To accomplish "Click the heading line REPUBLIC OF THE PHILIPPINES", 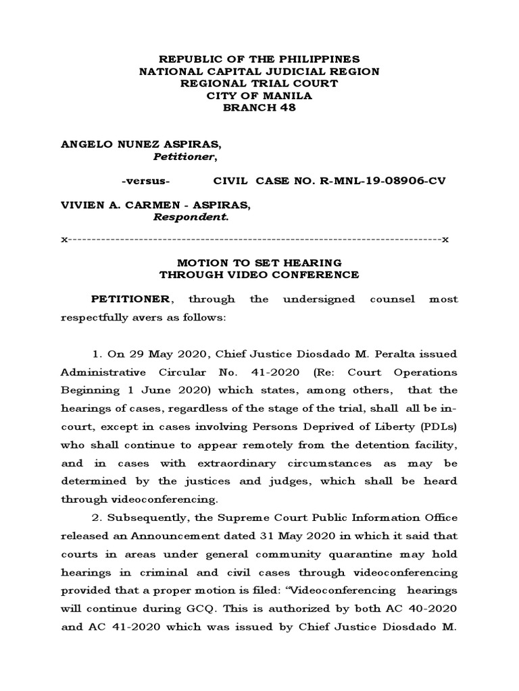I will click(259, 59).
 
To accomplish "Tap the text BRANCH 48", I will click(259, 108).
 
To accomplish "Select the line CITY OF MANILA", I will click(259, 96).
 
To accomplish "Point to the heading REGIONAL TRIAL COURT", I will click(259, 84).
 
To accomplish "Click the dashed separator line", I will click(259, 240).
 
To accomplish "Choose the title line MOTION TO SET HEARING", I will click(259, 262).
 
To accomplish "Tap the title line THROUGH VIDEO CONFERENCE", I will click(259, 275).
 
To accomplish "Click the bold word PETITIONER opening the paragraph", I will click(131, 299).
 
